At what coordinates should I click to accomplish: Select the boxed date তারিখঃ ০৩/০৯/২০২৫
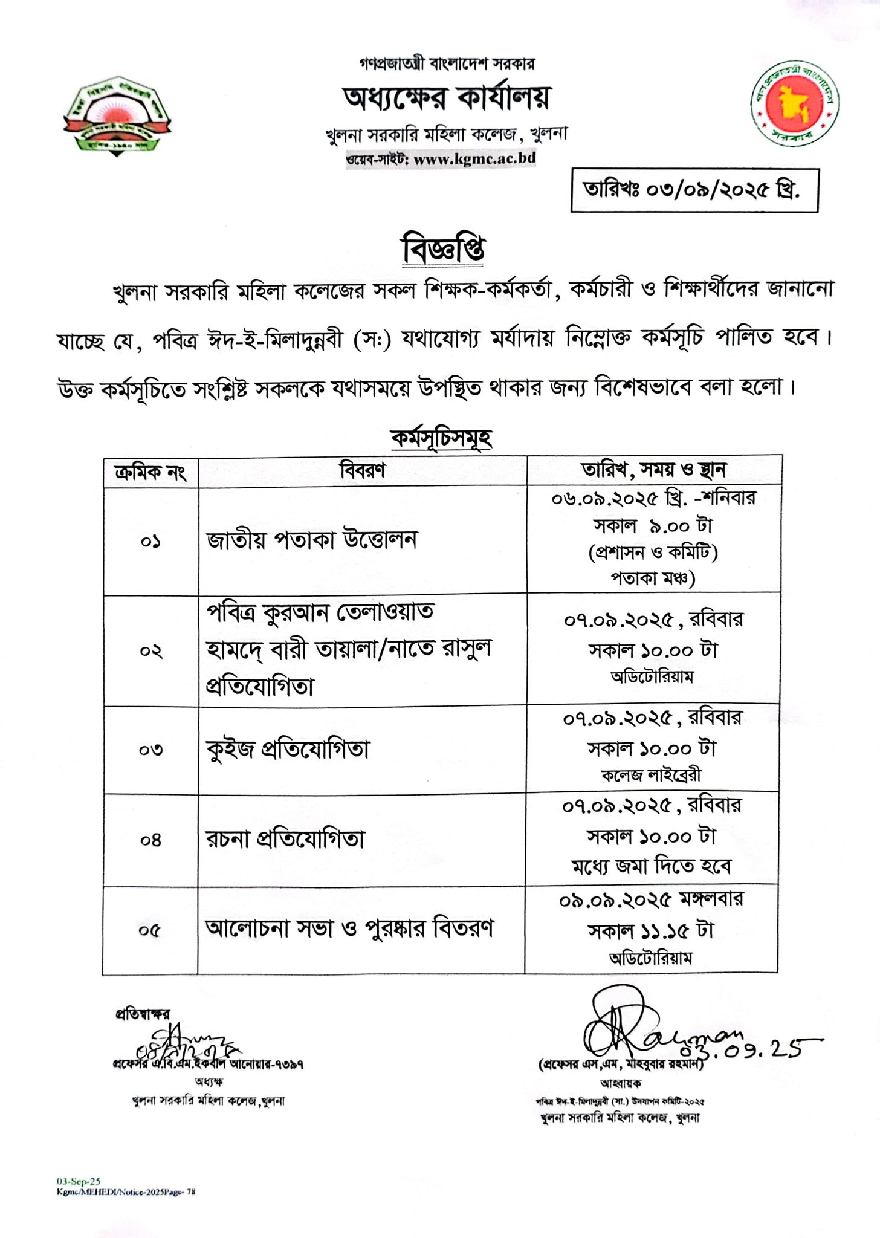694,190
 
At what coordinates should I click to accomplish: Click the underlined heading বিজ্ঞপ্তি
444,251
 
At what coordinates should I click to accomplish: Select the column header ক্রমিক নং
150,471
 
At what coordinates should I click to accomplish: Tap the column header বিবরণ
363,470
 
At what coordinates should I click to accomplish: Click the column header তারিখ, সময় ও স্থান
654,469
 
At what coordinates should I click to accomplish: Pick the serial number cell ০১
150,541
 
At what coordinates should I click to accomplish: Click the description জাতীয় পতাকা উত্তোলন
312,539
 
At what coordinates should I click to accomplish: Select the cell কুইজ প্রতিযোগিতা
288,750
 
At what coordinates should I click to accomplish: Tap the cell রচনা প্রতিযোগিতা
286,839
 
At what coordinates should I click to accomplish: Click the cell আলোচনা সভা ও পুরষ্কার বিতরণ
349,928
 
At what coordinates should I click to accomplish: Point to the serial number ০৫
150,930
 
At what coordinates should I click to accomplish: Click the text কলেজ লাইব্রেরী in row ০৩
652,776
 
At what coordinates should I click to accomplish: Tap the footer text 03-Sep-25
79,1179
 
